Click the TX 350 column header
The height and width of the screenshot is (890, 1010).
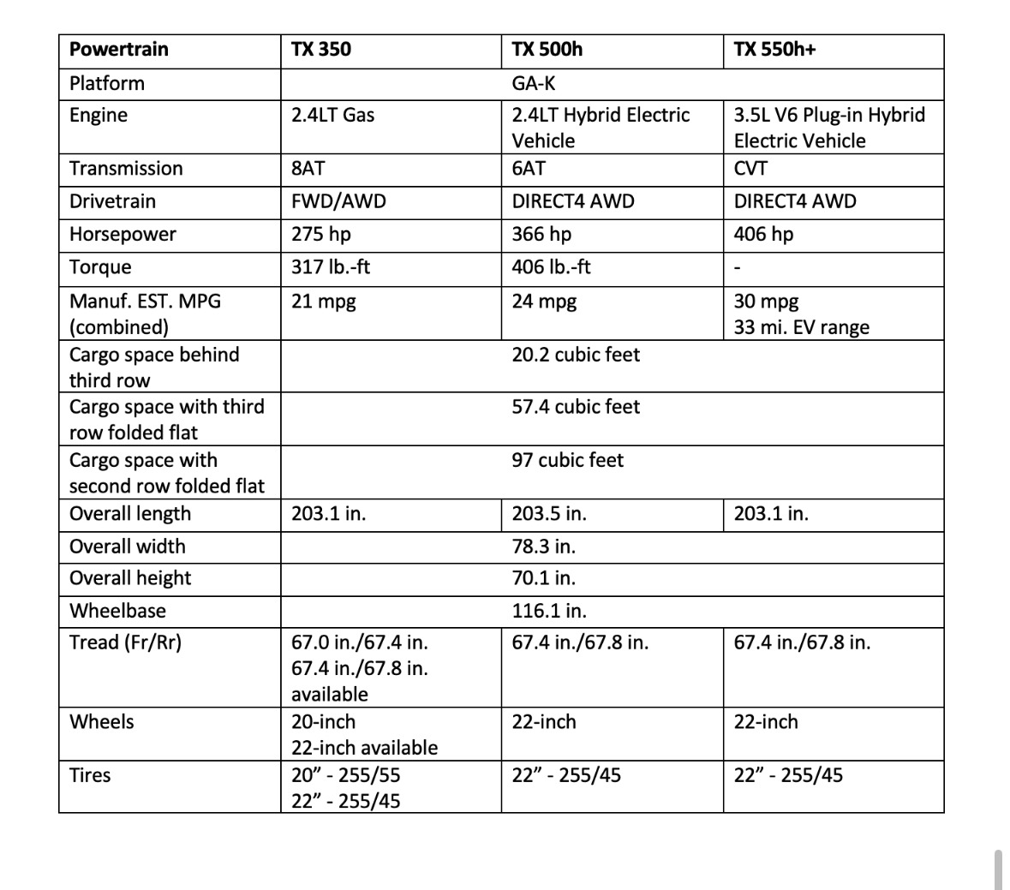321,49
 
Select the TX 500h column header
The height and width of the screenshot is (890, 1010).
547,49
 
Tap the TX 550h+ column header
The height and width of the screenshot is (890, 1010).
774,49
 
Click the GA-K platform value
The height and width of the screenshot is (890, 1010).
533,83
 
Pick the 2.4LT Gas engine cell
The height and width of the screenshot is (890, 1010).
332,115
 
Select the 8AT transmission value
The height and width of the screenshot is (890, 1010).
308,168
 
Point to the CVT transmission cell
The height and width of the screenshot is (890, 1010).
750,168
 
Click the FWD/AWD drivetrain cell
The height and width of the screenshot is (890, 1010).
338,201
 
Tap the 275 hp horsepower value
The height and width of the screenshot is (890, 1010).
320,234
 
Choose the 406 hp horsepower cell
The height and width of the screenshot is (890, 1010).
763,234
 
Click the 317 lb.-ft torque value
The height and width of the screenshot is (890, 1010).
331,266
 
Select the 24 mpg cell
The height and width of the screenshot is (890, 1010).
544,301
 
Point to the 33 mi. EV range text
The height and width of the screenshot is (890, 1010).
801,327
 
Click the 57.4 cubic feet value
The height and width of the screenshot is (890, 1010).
576,407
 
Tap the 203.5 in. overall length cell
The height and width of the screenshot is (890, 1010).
549,514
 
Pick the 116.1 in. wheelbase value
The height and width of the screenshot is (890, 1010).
549,611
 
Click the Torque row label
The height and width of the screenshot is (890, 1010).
100,266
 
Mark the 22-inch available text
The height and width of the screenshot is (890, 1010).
364,748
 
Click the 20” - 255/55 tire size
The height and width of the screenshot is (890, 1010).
345,775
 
